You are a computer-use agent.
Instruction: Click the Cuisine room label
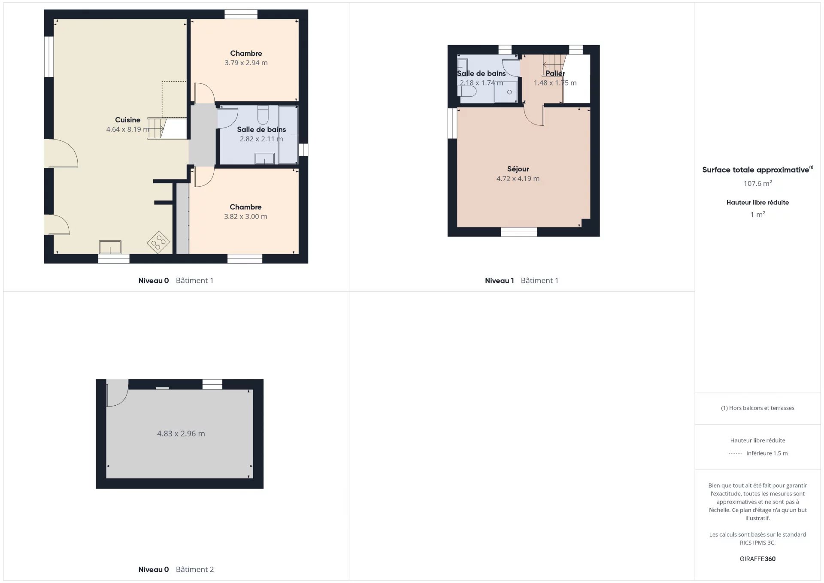point(127,120)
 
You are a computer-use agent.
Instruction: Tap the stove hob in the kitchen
point(158,243)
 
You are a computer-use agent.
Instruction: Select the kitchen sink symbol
point(110,247)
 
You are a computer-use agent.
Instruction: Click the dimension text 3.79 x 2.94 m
point(246,63)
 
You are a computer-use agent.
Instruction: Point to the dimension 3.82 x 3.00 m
point(245,216)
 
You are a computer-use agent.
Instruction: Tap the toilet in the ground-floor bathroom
point(263,115)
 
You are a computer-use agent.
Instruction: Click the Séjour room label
point(518,169)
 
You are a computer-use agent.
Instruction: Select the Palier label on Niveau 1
point(555,73)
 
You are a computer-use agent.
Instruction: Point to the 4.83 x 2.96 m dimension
point(181,434)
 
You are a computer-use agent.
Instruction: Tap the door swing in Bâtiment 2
point(117,393)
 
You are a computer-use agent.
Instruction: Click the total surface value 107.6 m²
point(757,183)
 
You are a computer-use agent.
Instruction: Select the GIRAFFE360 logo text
point(757,559)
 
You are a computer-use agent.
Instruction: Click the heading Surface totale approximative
point(755,170)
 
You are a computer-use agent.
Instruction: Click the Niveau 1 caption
point(499,280)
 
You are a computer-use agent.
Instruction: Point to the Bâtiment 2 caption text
point(195,569)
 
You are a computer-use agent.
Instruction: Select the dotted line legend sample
point(735,453)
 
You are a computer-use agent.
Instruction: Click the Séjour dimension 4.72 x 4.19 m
point(518,179)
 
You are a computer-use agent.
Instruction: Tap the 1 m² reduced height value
point(757,214)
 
